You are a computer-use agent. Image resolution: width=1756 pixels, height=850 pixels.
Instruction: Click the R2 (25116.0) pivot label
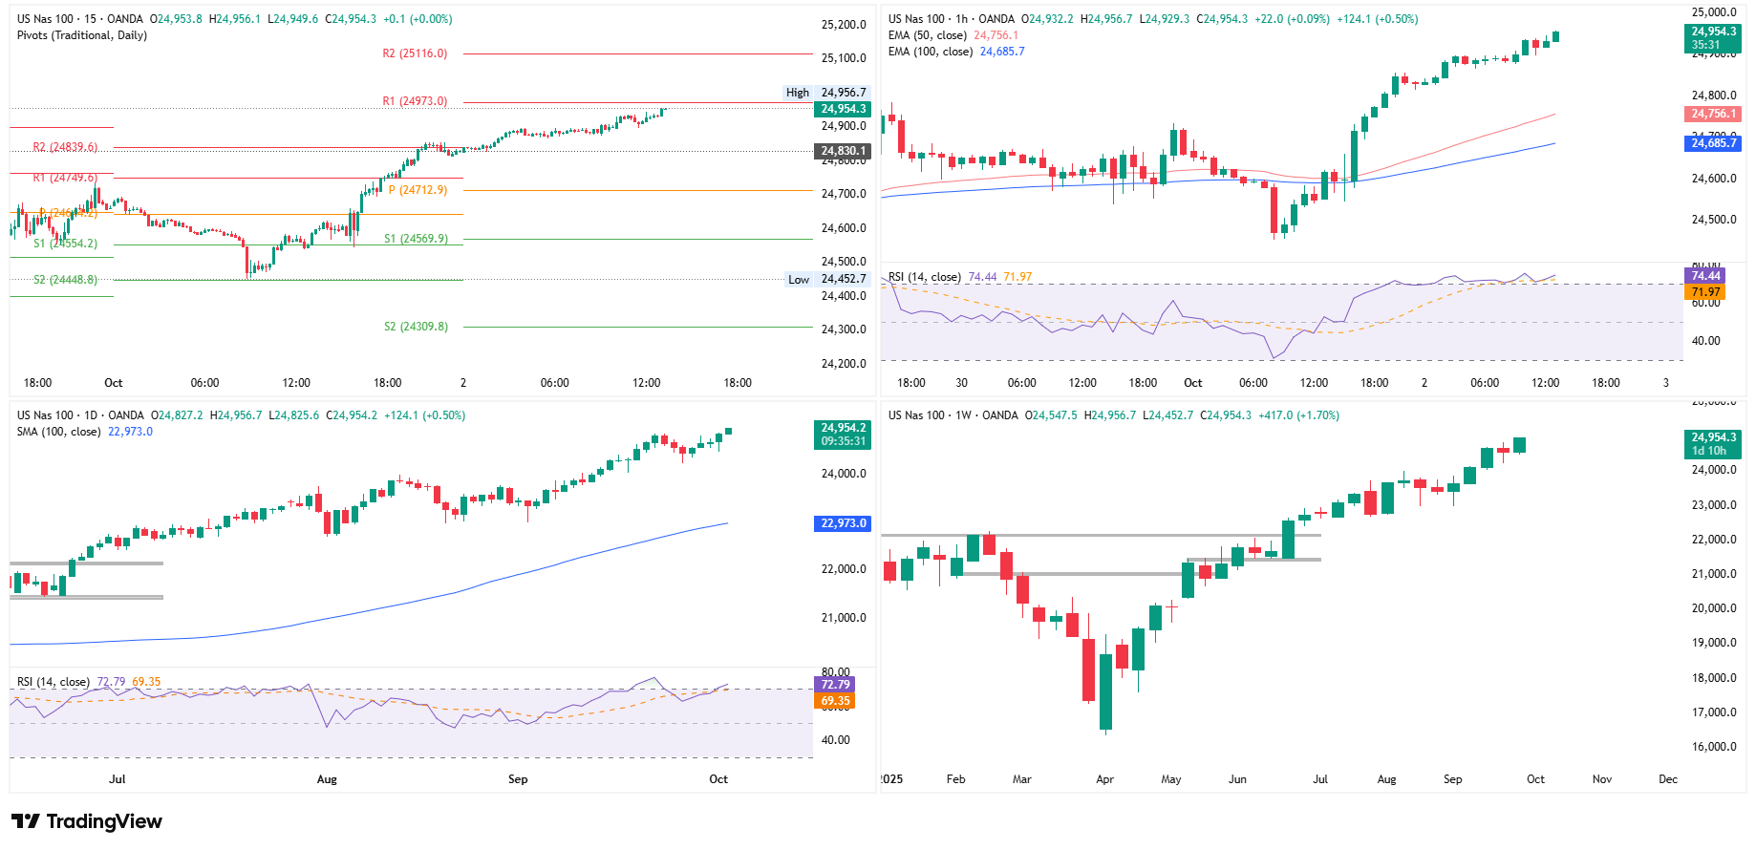pos(415,53)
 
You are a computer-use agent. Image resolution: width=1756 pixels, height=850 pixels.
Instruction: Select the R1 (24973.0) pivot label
pos(415,101)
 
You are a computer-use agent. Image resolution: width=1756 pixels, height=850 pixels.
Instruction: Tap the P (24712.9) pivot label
pos(418,190)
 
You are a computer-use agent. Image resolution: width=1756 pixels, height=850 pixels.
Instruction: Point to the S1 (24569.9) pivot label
pos(416,239)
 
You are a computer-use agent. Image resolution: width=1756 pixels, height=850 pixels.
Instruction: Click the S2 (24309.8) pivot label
pos(416,327)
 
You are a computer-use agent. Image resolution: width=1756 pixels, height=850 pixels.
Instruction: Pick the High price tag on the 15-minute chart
pos(798,93)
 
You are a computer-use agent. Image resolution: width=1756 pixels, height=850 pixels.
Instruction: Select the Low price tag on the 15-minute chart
pos(799,280)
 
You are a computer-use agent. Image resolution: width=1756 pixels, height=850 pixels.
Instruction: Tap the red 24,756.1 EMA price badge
pos(1713,114)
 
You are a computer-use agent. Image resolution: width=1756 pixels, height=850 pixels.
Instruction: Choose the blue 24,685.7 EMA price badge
pos(1713,143)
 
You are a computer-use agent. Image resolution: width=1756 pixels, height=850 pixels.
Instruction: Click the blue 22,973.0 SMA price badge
pos(843,523)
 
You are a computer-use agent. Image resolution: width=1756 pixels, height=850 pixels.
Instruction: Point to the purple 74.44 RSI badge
pos(1705,276)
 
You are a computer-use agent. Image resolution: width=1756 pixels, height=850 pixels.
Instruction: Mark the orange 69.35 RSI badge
pos(835,701)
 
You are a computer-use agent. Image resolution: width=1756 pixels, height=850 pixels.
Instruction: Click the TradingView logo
pos(87,821)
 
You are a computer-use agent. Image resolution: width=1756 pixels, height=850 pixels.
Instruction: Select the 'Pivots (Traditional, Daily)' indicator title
pos(82,35)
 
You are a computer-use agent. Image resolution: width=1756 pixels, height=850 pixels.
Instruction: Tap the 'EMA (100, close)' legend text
pos(930,52)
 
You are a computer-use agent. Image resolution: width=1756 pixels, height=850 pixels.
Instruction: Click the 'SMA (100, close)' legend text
pos(58,432)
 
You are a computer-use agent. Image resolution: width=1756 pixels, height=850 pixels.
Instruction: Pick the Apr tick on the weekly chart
pos(1104,779)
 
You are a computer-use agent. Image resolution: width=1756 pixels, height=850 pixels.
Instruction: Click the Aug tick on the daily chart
pos(327,779)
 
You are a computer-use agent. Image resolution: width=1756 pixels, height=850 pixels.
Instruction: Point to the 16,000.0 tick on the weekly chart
pos(1714,747)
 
